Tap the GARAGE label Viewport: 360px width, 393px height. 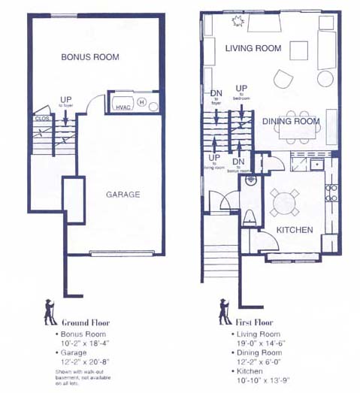point(123,195)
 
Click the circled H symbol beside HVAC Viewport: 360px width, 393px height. point(141,102)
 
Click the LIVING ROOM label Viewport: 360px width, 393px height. point(253,49)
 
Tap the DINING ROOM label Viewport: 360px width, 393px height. point(291,121)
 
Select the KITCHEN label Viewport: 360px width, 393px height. point(294,229)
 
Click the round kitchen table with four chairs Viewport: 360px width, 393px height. point(285,202)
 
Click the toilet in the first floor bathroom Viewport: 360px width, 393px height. point(250,217)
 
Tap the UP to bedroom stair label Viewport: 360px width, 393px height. point(241,92)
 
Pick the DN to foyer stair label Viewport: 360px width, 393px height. point(216,97)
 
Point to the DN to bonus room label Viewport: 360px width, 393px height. point(238,165)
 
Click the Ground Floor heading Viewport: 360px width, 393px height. point(86,322)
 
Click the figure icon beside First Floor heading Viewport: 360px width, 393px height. point(224,311)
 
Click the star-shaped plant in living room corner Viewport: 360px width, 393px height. point(240,22)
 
